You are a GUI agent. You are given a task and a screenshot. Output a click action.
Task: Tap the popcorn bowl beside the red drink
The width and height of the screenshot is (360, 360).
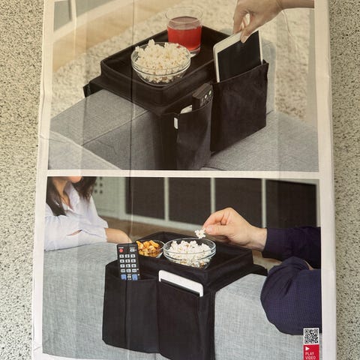(x=161, y=62)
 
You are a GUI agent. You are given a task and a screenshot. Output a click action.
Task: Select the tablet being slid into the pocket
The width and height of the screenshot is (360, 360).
(x=238, y=57)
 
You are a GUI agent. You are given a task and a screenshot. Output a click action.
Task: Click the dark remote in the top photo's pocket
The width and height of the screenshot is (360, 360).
(x=202, y=96)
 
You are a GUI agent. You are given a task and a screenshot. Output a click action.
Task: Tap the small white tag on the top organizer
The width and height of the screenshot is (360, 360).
(x=175, y=122)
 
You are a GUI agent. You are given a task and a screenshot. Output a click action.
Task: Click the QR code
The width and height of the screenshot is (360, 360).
(x=311, y=336)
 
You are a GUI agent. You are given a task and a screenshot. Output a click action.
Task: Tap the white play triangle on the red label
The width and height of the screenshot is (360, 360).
(x=307, y=348)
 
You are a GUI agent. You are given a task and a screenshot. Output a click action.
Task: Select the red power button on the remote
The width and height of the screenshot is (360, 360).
(x=121, y=250)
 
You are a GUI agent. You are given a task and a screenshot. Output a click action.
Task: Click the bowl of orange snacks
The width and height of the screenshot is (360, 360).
(x=150, y=248)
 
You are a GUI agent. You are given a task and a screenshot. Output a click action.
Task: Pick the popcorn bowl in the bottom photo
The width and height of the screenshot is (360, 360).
(x=190, y=253)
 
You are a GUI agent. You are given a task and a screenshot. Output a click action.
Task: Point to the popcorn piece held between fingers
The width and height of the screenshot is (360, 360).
(x=200, y=233)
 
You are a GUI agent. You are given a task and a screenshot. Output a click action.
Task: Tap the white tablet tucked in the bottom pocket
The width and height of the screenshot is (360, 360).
(x=181, y=283)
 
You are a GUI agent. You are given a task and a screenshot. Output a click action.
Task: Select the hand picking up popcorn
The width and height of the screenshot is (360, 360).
(x=235, y=229)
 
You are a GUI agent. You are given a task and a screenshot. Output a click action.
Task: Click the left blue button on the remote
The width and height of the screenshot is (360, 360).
(x=124, y=277)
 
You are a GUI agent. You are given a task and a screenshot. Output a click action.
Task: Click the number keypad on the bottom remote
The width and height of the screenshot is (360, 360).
(x=128, y=264)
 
